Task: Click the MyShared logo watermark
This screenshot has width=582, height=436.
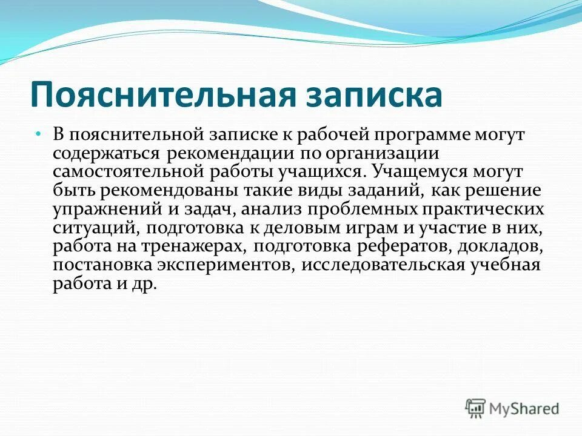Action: pos(512,408)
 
